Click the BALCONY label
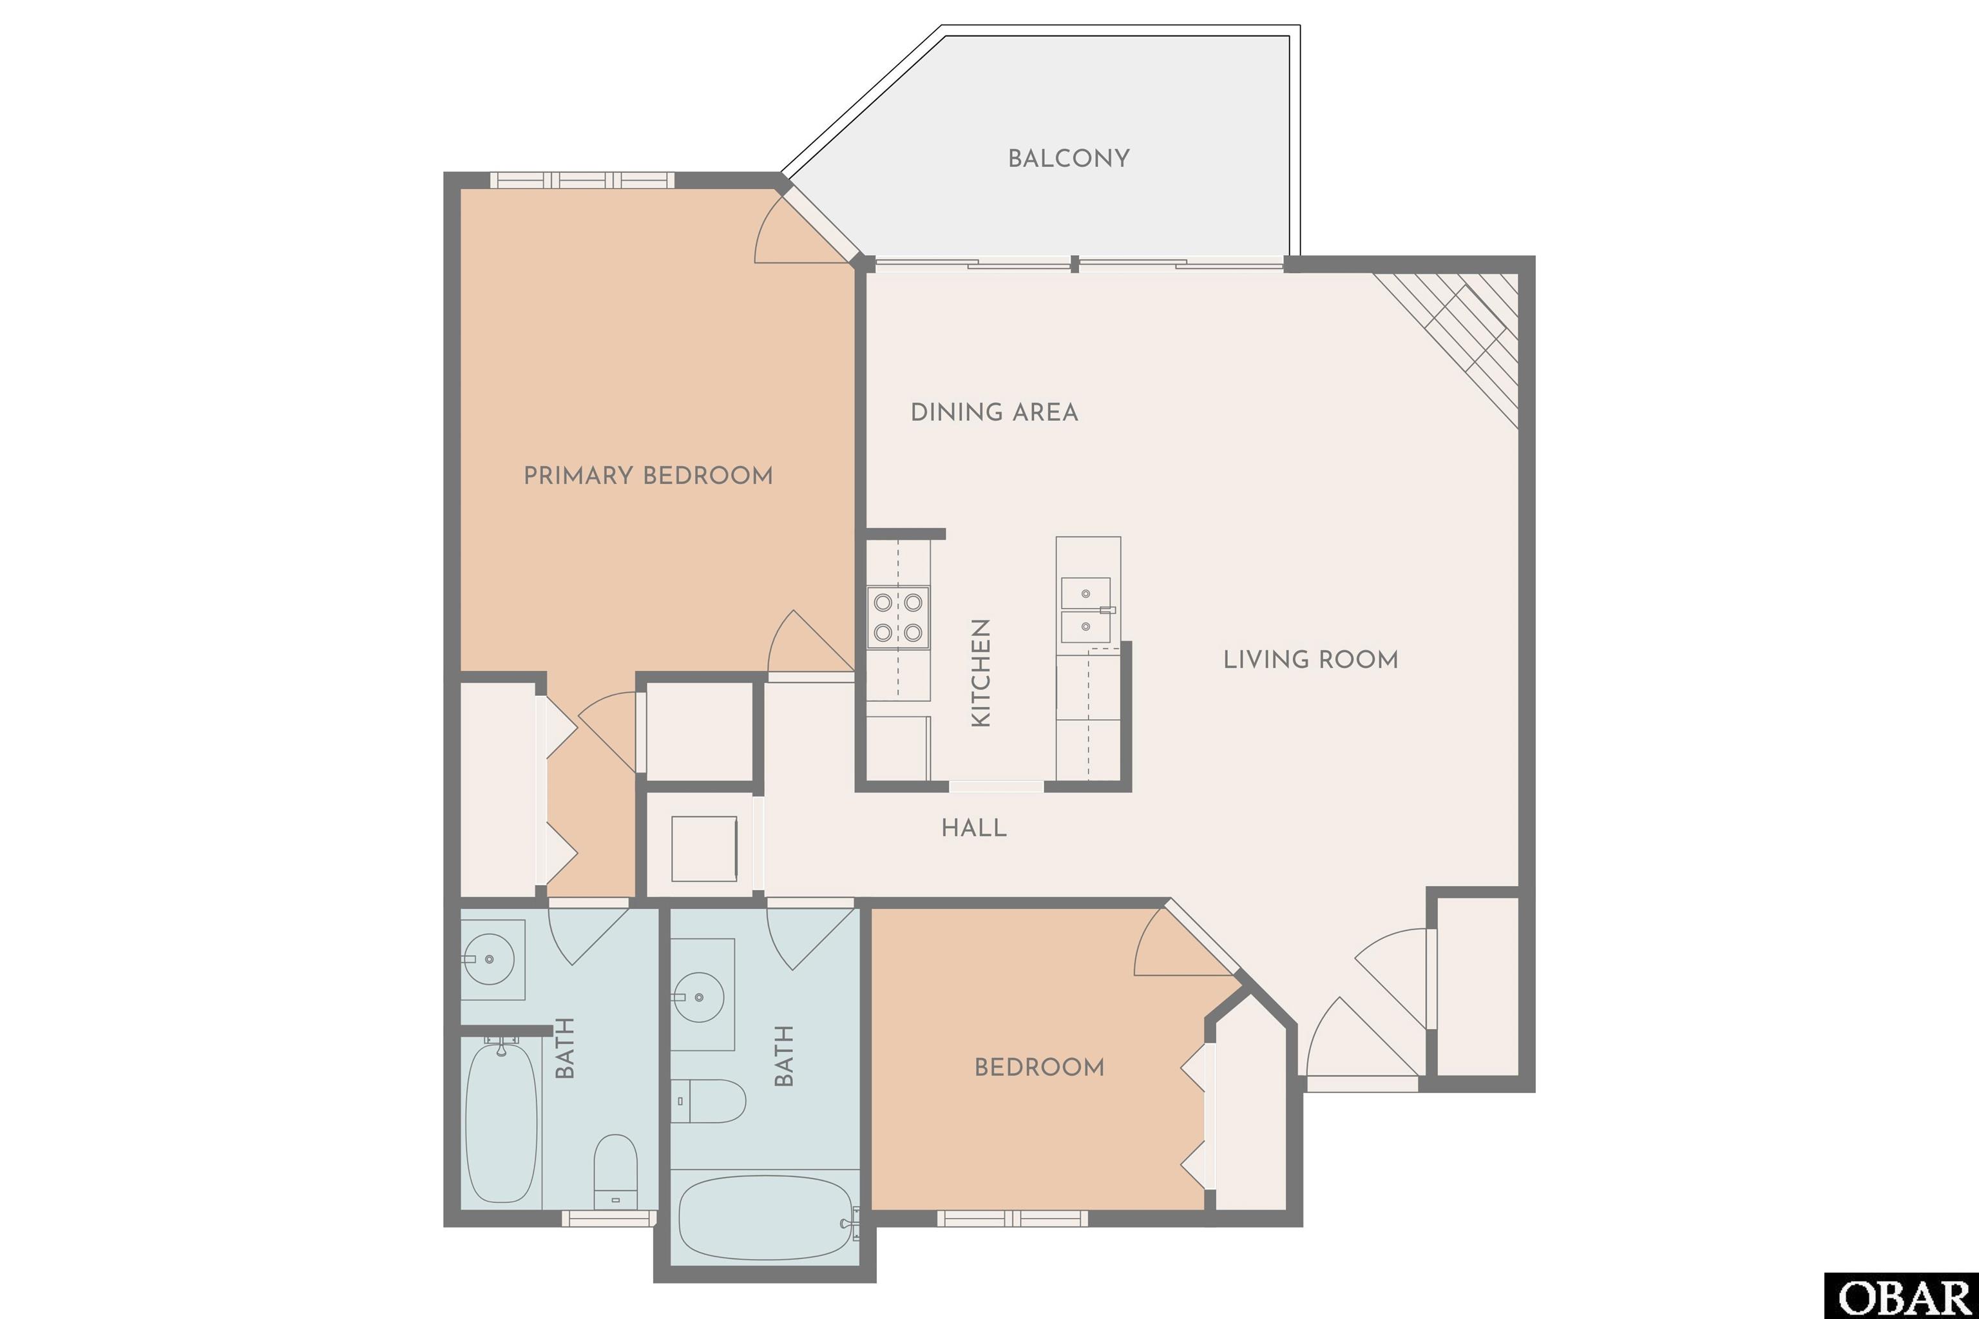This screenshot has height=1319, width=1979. [x=1068, y=158]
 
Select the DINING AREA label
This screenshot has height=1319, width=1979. [x=994, y=412]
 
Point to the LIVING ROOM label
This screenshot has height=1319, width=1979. [x=1310, y=660]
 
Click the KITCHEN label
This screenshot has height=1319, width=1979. [x=980, y=673]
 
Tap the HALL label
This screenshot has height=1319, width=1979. [x=974, y=828]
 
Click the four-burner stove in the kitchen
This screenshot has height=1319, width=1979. [x=898, y=617]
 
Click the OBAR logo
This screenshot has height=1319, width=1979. [x=1902, y=1295]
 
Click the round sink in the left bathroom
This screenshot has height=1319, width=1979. [x=489, y=959]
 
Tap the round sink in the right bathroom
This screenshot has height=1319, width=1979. [x=699, y=997]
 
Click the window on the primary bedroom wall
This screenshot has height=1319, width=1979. [x=582, y=180]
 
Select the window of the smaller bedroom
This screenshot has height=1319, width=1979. [x=1013, y=1218]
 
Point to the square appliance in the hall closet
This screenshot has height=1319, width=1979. [x=704, y=848]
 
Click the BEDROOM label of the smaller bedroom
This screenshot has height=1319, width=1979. [x=1038, y=1068]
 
